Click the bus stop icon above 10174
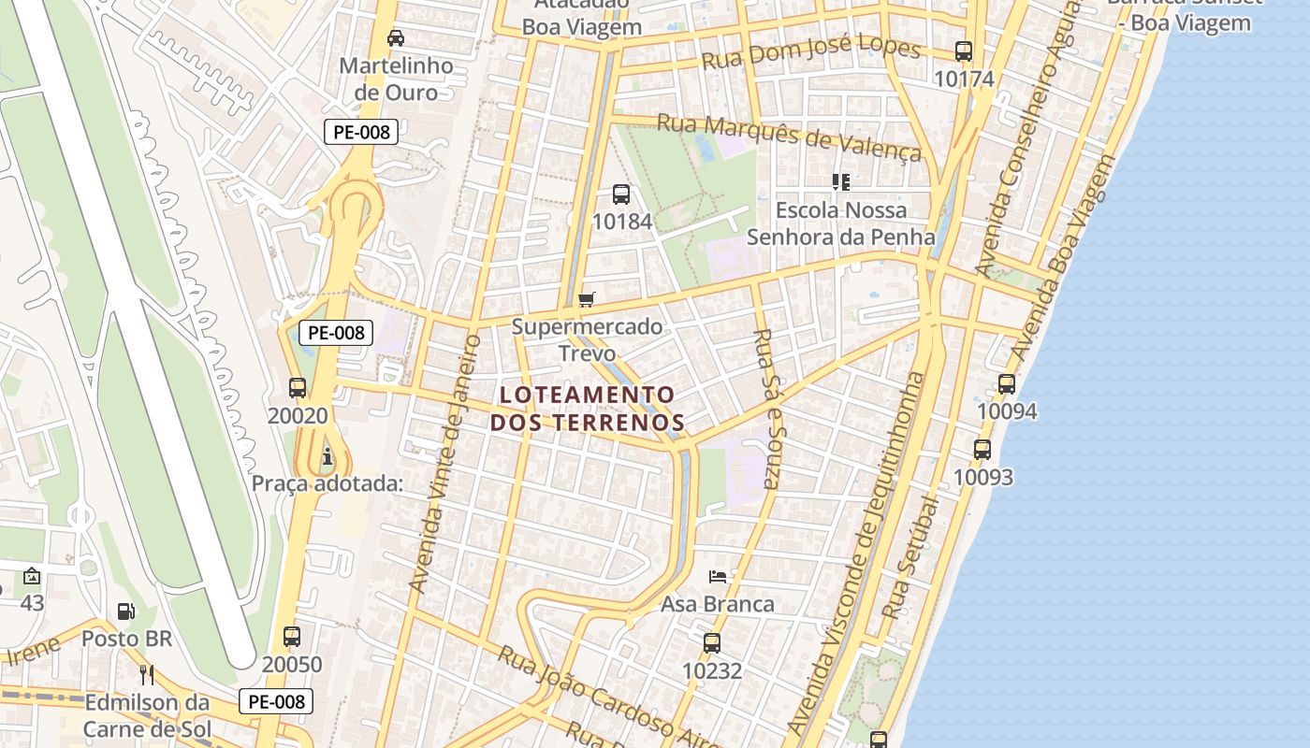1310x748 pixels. click(x=964, y=51)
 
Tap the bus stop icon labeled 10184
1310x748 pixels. click(x=621, y=194)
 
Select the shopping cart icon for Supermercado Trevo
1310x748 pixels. click(x=587, y=299)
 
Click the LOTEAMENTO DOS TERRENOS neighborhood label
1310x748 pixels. click(x=587, y=409)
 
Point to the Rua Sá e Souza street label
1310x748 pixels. click(x=766, y=409)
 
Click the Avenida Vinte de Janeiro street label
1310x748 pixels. click(x=445, y=463)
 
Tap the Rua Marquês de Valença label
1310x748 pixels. click(x=789, y=137)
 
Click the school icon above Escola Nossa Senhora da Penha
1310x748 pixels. click(x=840, y=181)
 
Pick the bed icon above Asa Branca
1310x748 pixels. click(x=718, y=576)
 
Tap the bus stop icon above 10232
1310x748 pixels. click(x=712, y=643)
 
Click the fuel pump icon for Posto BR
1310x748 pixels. click(x=125, y=611)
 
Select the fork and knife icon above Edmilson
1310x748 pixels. click(x=146, y=674)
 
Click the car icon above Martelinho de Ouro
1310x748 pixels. click(x=396, y=38)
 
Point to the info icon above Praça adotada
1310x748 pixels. click(x=327, y=457)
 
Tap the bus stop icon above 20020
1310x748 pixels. click(x=298, y=387)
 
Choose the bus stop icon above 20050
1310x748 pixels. click(x=292, y=637)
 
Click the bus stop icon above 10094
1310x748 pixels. click(x=1007, y=383)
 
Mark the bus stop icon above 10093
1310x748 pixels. click(x=982, y=450)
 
